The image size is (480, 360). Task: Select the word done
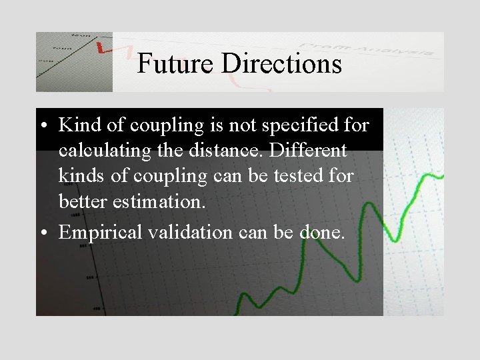[323, 233]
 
